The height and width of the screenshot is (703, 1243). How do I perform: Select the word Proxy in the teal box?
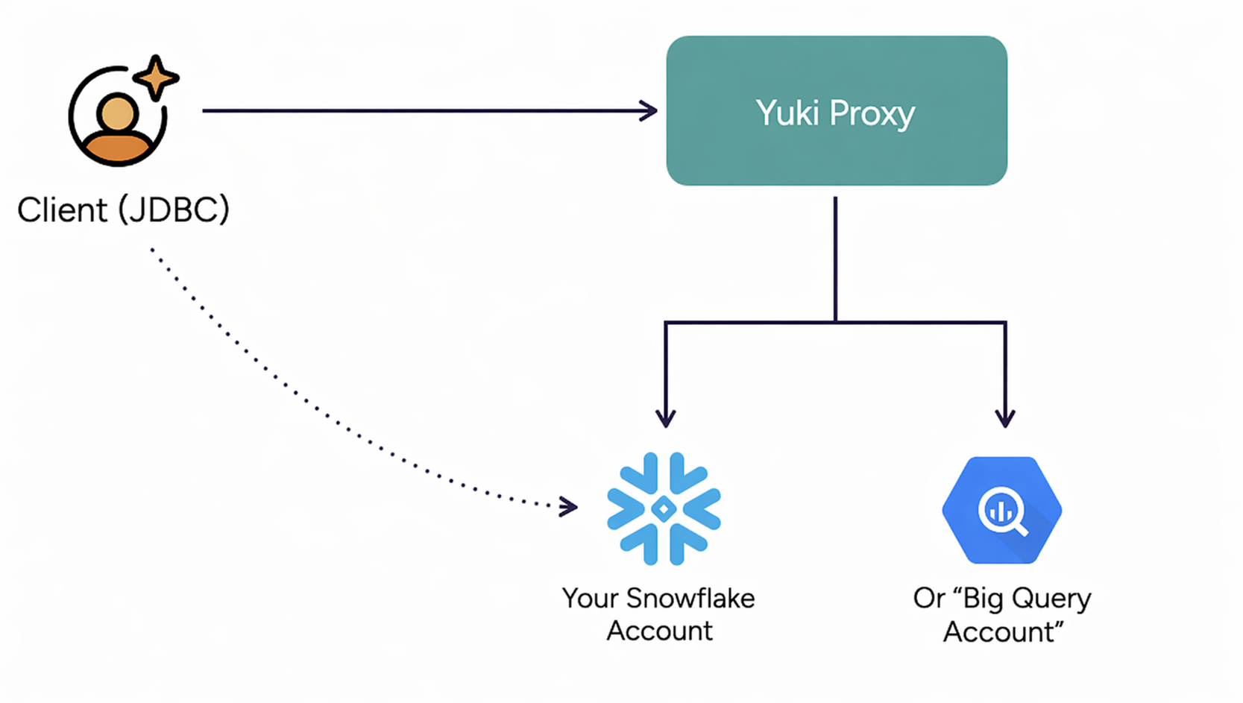click(x=872, y=113)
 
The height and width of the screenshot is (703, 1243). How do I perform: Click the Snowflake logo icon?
click(x=664, y=508)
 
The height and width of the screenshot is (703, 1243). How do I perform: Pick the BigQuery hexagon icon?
click(x=1001, y=510)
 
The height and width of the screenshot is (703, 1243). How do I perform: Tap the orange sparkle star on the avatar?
click(x=155, y=78)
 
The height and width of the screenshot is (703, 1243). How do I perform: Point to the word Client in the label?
click(x=63, y=210)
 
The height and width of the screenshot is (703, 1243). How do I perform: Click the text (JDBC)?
click(x=174, y=210)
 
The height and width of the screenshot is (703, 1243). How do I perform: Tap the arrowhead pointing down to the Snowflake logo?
click(x=666, y=418)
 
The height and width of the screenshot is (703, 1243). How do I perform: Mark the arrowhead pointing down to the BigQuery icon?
click(x=1005, y=418)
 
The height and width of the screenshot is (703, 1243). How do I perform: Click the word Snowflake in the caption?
click(x=690, y=599)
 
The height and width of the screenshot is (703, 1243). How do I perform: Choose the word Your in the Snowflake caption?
click(x=591, y=599)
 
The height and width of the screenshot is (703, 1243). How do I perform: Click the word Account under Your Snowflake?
click(x=659, y=631)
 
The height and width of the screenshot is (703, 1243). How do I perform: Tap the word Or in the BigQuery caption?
click(x=929, y=599)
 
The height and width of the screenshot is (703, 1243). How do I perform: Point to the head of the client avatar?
click(x=118, y=113)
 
